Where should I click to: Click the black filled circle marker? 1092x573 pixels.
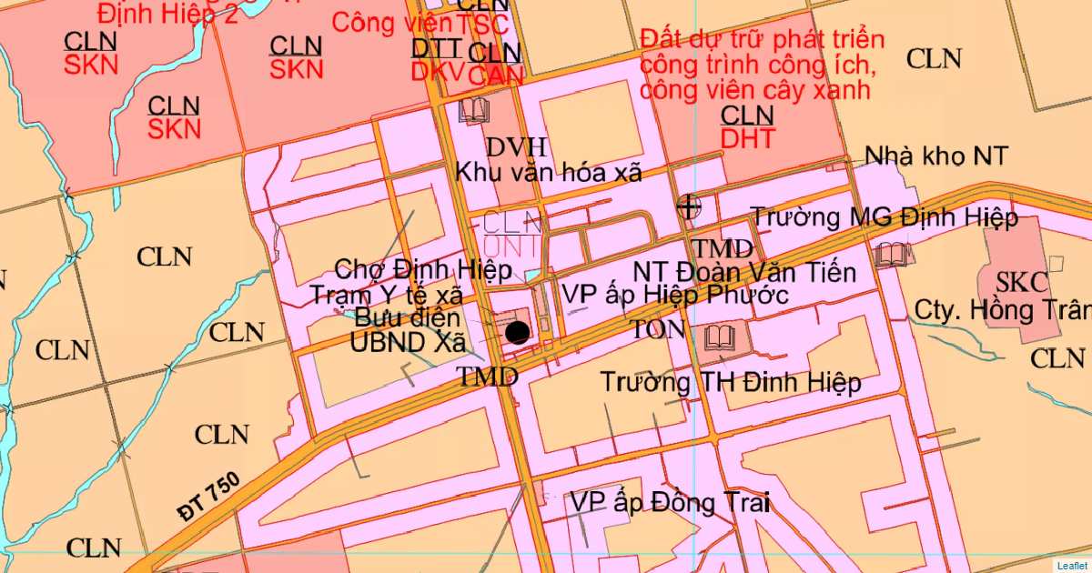(517, 332)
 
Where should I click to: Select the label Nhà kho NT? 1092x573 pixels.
(936, 156)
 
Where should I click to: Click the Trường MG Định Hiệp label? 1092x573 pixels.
(883, 217)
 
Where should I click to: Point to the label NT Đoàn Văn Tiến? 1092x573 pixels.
(745, 272)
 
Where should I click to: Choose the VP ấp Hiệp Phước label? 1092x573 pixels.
(674, 295)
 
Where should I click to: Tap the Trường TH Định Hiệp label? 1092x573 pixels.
(730, 383)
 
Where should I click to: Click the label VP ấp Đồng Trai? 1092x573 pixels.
(670, 502)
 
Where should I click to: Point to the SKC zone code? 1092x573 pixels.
(1022, 281)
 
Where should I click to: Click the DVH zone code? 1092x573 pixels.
(516, 147)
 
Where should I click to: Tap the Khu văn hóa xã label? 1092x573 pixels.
(549, 172)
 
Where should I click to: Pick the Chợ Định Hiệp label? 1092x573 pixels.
(423, 270)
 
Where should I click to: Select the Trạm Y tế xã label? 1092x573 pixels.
(387, 295)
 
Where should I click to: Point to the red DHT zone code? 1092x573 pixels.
(747, 138)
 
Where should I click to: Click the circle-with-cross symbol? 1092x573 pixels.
(689, 206)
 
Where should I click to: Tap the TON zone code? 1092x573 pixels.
(659, 329)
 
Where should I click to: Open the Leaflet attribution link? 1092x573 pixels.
(1072, 566)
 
